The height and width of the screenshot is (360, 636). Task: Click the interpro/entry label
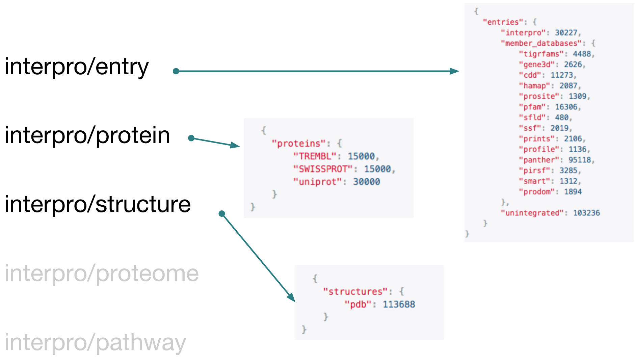pos(76,67)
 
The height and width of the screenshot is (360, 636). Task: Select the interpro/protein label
pos(87,135)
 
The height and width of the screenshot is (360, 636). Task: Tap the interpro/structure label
pos(98,204)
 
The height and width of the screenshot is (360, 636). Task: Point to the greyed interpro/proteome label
pos(102,273)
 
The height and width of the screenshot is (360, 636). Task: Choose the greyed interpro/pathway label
pos(95,342)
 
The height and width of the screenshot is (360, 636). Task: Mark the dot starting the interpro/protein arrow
pos(191,138)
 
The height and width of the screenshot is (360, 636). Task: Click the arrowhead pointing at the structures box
pos(291,297)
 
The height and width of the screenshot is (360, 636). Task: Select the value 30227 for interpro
pos(566,33)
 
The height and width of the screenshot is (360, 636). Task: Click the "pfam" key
pos(532,107)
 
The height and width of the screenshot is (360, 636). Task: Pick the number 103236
pos(586,213)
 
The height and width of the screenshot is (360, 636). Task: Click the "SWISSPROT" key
pos(323,169)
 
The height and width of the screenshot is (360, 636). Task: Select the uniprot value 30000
pos(366,182)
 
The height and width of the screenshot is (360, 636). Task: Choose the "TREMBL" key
pos(315,156)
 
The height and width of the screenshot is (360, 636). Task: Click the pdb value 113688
pos(399,304)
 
